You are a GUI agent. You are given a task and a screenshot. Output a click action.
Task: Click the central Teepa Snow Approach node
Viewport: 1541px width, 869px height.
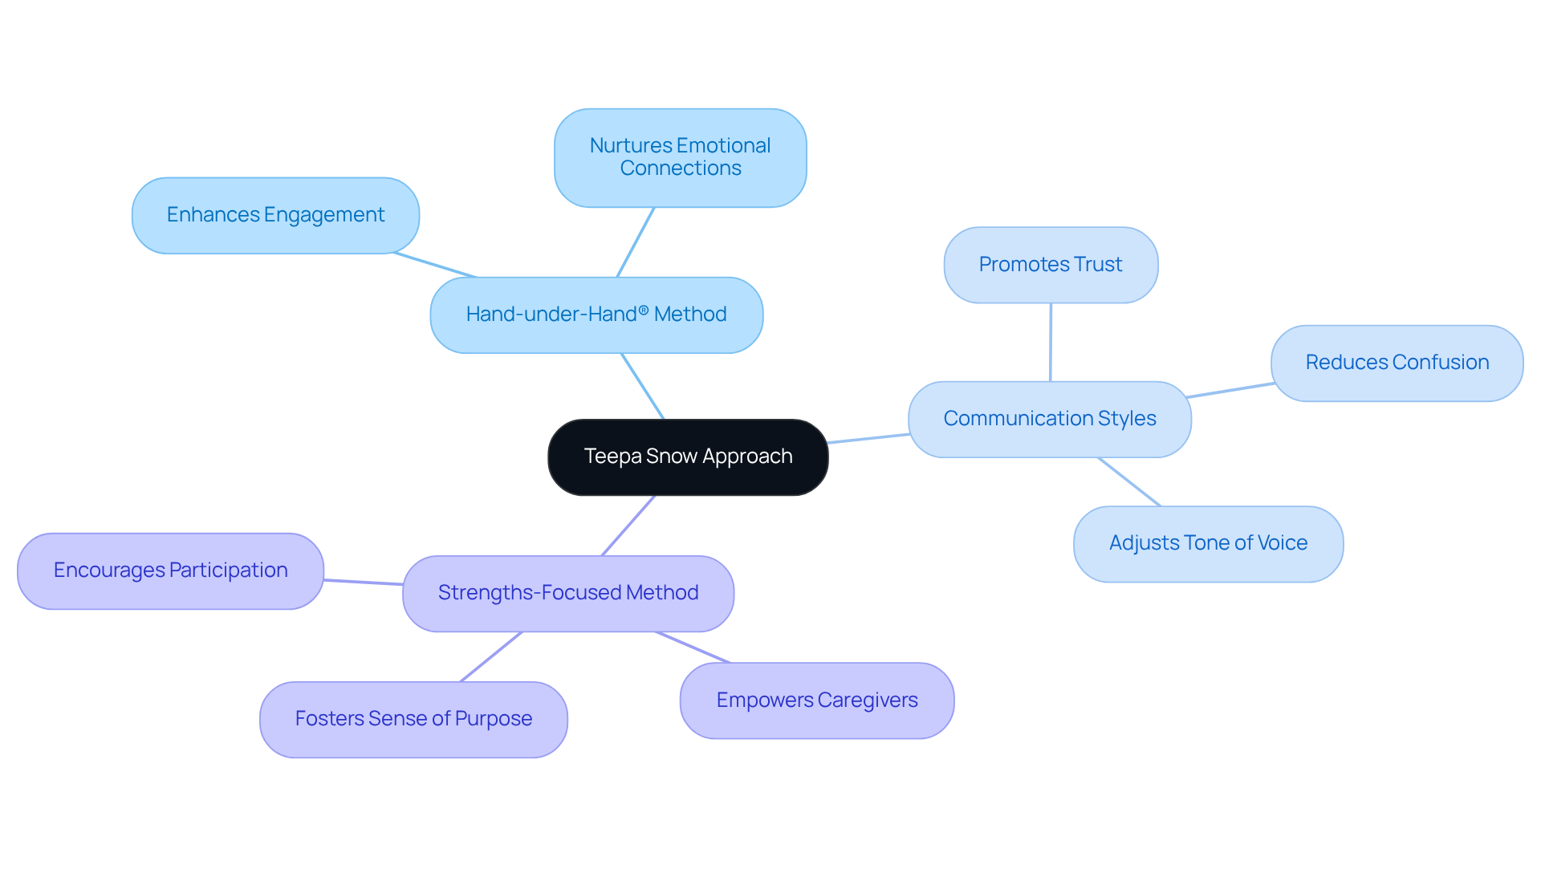tap(688, 457)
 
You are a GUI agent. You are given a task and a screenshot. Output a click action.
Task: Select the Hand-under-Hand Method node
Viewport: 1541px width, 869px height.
tap(596, 315)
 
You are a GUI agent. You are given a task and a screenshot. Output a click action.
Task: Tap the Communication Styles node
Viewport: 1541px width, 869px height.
tap(1049, 419)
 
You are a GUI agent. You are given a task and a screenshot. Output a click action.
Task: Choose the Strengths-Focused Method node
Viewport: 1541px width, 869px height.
tap(568, 593)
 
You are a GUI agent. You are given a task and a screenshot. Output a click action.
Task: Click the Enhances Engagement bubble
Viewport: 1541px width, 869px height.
tap(275, 215)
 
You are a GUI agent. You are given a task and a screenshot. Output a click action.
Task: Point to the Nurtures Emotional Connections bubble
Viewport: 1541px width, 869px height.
tap(680, 157)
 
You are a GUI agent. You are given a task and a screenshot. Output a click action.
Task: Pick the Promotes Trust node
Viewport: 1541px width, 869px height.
tap(1051, 264)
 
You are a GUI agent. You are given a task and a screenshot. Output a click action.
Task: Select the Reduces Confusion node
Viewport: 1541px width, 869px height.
tap(1397, 363)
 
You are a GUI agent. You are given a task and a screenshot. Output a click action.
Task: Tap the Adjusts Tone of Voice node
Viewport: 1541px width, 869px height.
tap(1208, 543)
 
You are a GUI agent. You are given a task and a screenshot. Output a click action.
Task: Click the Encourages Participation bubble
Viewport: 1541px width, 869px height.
tap(170, 571)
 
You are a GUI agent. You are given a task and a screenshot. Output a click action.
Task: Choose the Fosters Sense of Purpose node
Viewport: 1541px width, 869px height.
tap(413, 719)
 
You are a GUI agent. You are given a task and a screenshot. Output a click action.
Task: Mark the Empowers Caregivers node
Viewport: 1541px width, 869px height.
tap(816, 700)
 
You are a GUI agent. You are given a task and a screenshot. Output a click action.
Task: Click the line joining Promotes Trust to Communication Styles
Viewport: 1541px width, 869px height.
tap(1051, 343)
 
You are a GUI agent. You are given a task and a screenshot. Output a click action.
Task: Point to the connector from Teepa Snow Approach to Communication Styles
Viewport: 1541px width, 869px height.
tap(868, 438)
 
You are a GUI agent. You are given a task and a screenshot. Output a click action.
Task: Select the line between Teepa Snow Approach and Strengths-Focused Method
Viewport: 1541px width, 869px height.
tap(628, 526)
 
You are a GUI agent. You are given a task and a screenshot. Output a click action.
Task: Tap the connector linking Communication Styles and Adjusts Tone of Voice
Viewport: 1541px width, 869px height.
tap(1129, 481)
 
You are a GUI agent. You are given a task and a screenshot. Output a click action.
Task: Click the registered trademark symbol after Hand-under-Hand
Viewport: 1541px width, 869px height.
tap(644, 310)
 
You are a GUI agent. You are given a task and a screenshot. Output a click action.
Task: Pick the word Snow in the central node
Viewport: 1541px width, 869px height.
tap(671, 457)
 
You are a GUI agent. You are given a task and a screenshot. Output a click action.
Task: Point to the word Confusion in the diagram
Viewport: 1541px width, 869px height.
tap(1442, 363)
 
